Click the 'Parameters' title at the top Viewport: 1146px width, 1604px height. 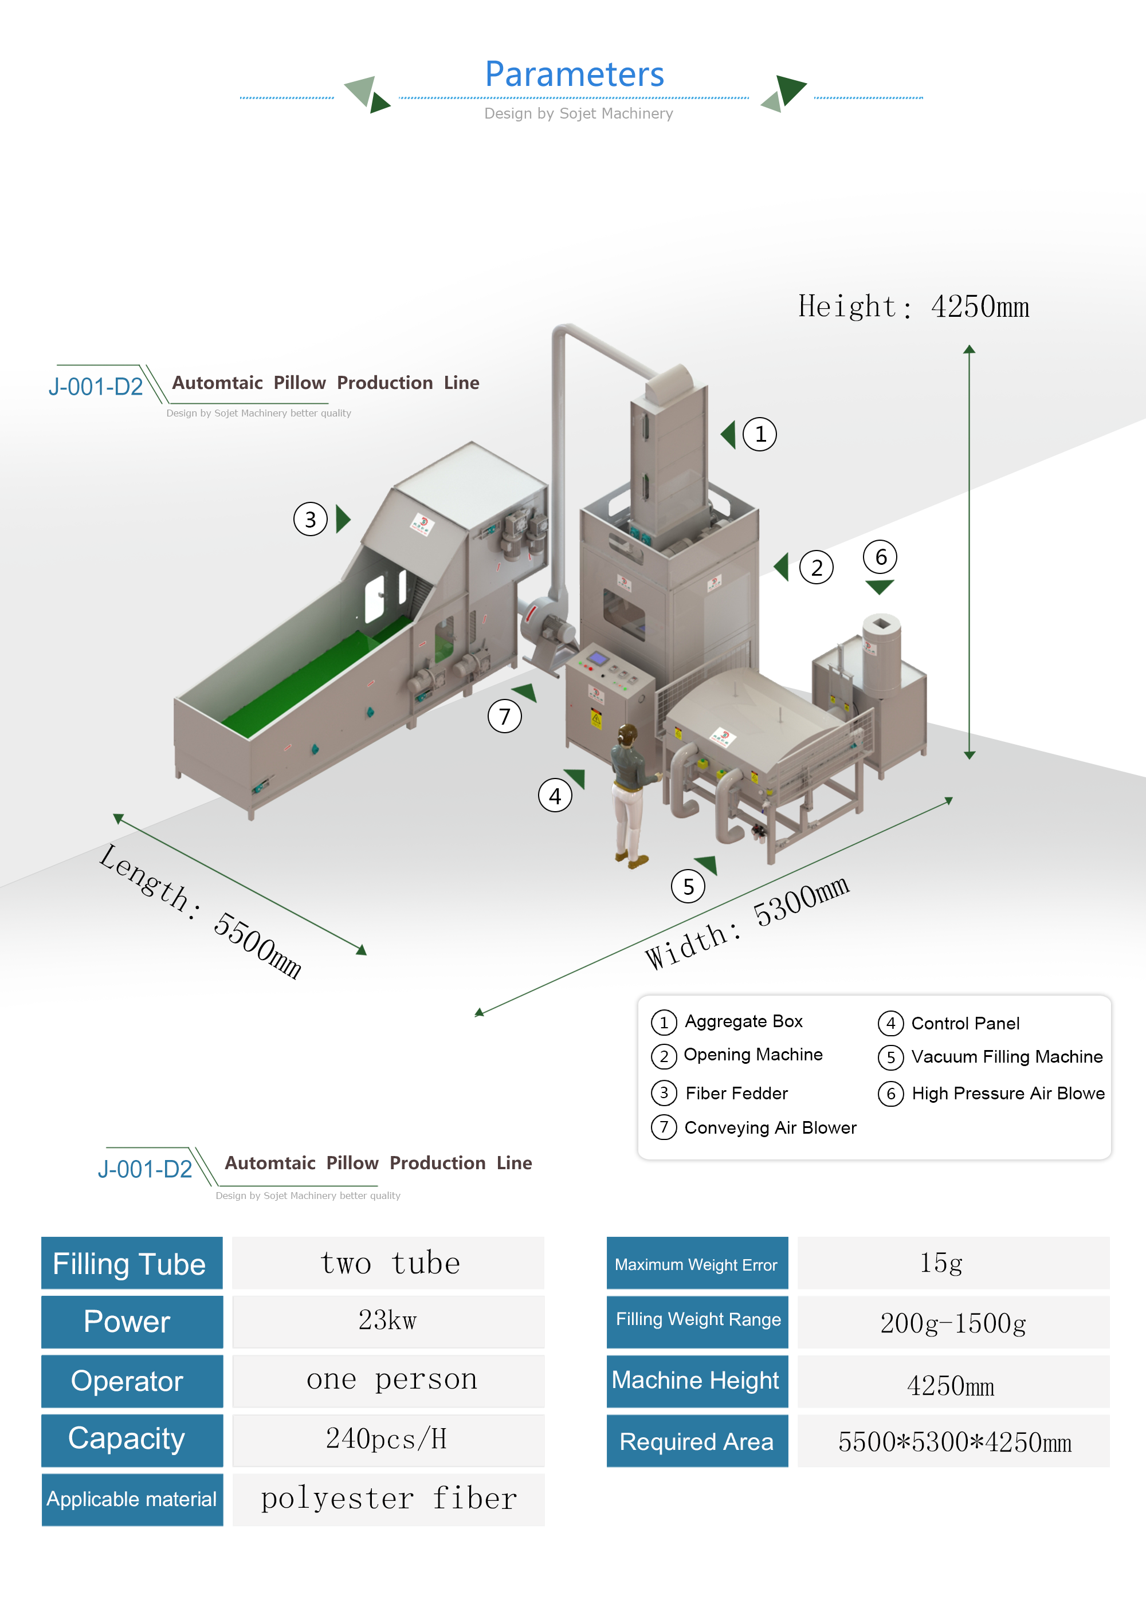pyautogui.click(x=574, y=74)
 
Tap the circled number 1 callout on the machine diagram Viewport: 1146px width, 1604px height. pyautogui.click(x=759, y=434)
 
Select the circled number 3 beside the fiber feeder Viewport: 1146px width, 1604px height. pyautogui.click(x=311, y=520)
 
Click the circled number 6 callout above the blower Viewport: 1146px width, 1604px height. pyautogui.click(x=880, y=557)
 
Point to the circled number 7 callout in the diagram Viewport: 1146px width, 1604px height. pyautogui.click(x=505, y=717)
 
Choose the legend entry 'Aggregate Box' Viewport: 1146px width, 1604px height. pyautogui.click(x=743, y=1021)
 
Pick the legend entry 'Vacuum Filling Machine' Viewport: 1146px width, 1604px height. pyautogui.click(x=1006, y=1057)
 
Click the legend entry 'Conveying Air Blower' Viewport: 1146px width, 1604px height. pyautogui.click(x=770, y=1128)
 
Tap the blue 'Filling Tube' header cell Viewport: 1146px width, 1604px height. pyautogui.click(x=132, y=1263)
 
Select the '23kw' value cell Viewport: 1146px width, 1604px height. pyautogui.click(x=388, y=1320)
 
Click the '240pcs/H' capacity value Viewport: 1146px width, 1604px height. pyautogui.click(x=388, y=1439)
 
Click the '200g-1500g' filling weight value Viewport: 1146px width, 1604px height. pyautogui.click(x=953, y=1323)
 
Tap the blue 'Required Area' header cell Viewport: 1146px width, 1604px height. pyautogui.click(x=697, y=1442)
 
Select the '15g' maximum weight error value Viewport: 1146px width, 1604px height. pyautogui.click(x=941, y=1263)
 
